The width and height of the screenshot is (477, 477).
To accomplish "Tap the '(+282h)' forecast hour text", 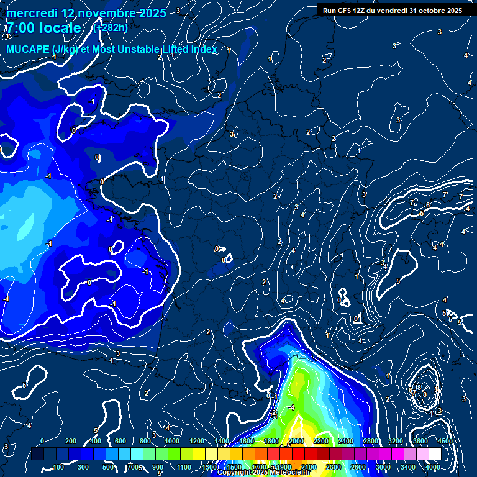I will [x=110, y=28].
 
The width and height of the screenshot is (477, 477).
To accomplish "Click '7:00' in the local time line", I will [x=19, y=28].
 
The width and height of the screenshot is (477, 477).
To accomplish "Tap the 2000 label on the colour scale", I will [x=296, y=441].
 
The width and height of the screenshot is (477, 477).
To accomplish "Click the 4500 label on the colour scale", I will [x=445, y=441].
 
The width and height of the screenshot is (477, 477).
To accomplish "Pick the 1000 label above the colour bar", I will [x=171, y=441].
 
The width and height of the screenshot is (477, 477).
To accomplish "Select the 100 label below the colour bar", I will [x=59, y=467].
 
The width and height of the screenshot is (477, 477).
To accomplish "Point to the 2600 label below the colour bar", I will [x=358, y=467].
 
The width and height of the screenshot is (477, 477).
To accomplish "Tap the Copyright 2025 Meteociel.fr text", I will [x=255, y=473].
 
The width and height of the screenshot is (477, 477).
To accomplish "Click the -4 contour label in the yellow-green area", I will [x=291, y=407].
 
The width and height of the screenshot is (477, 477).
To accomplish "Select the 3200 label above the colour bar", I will [x=396, y=441].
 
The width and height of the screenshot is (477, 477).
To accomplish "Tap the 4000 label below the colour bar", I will [x=433, y=467].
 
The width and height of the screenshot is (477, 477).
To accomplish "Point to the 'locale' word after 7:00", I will [x=61, y=28].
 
